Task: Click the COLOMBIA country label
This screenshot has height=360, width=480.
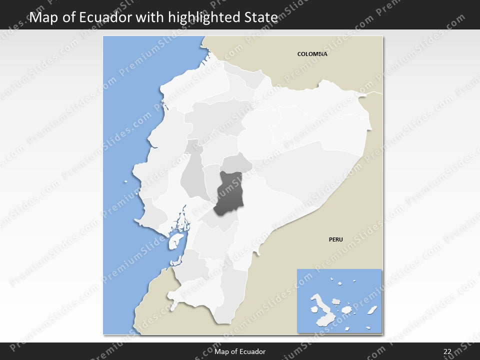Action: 312,54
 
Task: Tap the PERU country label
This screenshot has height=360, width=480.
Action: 335,239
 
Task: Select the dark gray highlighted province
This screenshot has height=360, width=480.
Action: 229,194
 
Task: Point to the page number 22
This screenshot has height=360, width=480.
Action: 447,352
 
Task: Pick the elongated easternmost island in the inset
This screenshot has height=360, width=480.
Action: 372,310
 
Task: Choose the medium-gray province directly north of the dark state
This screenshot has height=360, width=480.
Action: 236,163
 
